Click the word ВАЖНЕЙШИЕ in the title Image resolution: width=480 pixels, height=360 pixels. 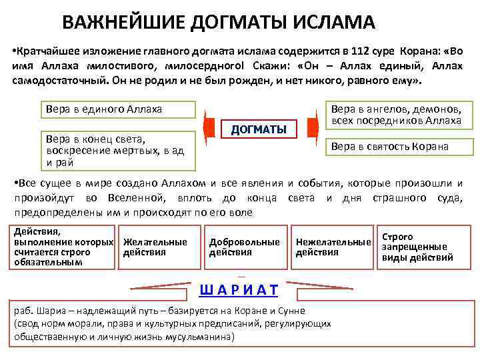pos(124,23)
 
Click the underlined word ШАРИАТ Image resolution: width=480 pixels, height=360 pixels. pos(239,290)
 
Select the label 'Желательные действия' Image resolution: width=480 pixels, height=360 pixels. pos(155,247)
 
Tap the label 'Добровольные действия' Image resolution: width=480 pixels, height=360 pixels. pos(245,247)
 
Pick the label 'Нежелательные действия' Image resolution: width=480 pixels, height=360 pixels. pos(333,247)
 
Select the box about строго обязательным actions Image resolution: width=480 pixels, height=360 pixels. pos(64,247)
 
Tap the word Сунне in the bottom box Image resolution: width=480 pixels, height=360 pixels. pos(290,311)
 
